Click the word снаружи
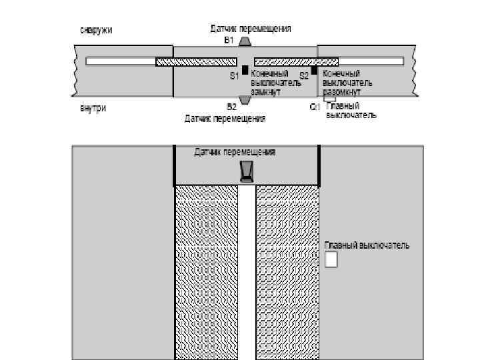tap(96, 30)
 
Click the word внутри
tap(93, 108)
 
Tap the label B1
tap(229, 40)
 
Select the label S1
tap(234, 76)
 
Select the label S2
tap(304, 76)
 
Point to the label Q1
tap(315, 107)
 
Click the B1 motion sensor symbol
tap(245, 41)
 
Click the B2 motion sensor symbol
tap(245, 101)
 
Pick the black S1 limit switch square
tap(245, 70)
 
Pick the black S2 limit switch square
tap(314, 70)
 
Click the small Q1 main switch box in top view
tap(329, 99)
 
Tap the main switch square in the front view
tap(331, 259)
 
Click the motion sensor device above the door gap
tap(247, 171)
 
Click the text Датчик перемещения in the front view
tap(235, 153)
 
